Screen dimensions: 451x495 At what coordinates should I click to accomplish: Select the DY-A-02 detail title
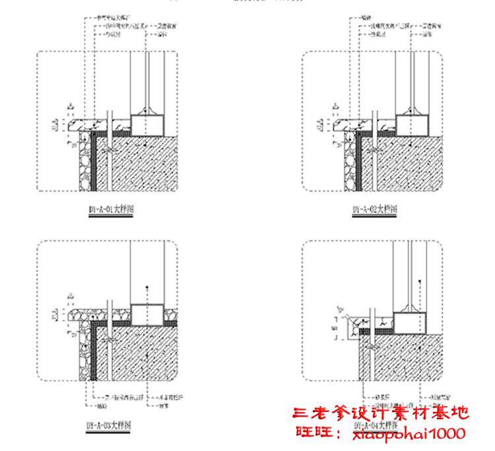(375, 210)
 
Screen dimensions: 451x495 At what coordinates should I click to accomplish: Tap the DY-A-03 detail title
(109, 425)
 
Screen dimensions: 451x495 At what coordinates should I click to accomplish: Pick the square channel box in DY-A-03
(148, 315)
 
